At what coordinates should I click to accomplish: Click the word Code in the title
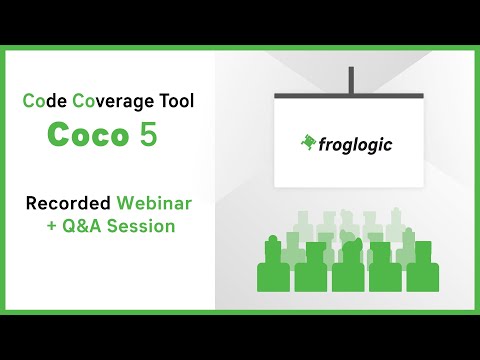pyautogui.click(x=41, y=101)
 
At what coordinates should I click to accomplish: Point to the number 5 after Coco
pyautogui.click(x=148, y=135)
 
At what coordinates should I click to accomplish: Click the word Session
pyautogui.click(x=141, y=226)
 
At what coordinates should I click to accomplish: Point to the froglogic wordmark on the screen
pyautogui.click(x=355, y=144)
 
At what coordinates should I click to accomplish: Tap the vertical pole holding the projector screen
pyautogui.click(x=349, y=79)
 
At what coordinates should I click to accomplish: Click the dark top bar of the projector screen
pyautogui.click(x=349, y=95)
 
